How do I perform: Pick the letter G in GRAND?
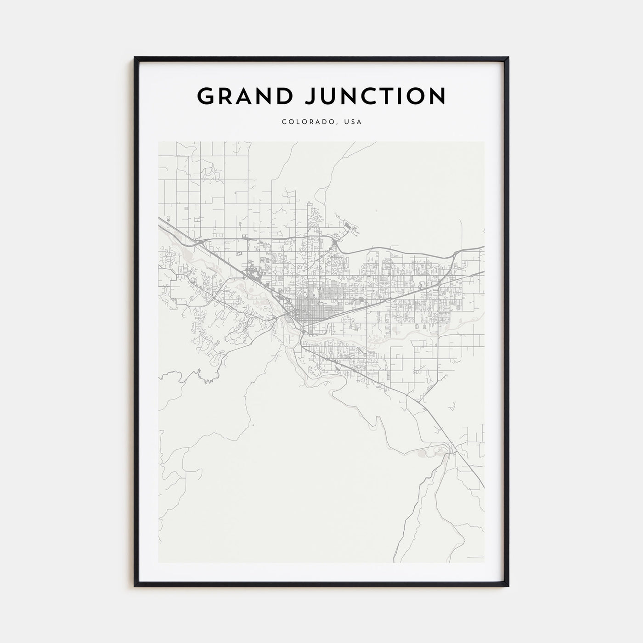206,96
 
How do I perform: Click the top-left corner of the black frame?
135,57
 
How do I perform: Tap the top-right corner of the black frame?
508,57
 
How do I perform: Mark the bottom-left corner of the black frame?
135,586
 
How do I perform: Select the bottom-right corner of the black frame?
508,586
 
